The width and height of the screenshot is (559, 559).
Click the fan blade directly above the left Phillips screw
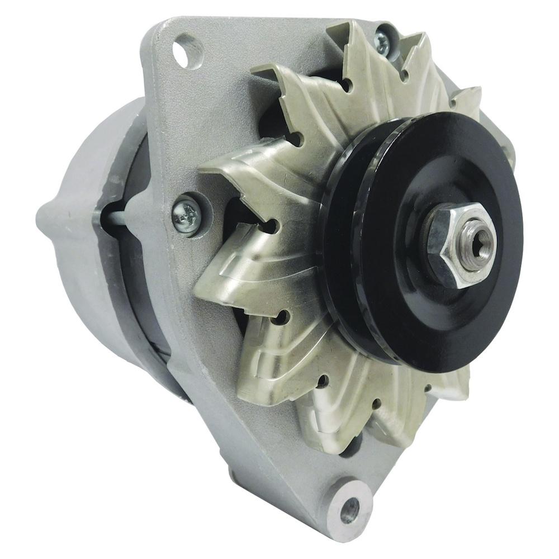235,168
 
